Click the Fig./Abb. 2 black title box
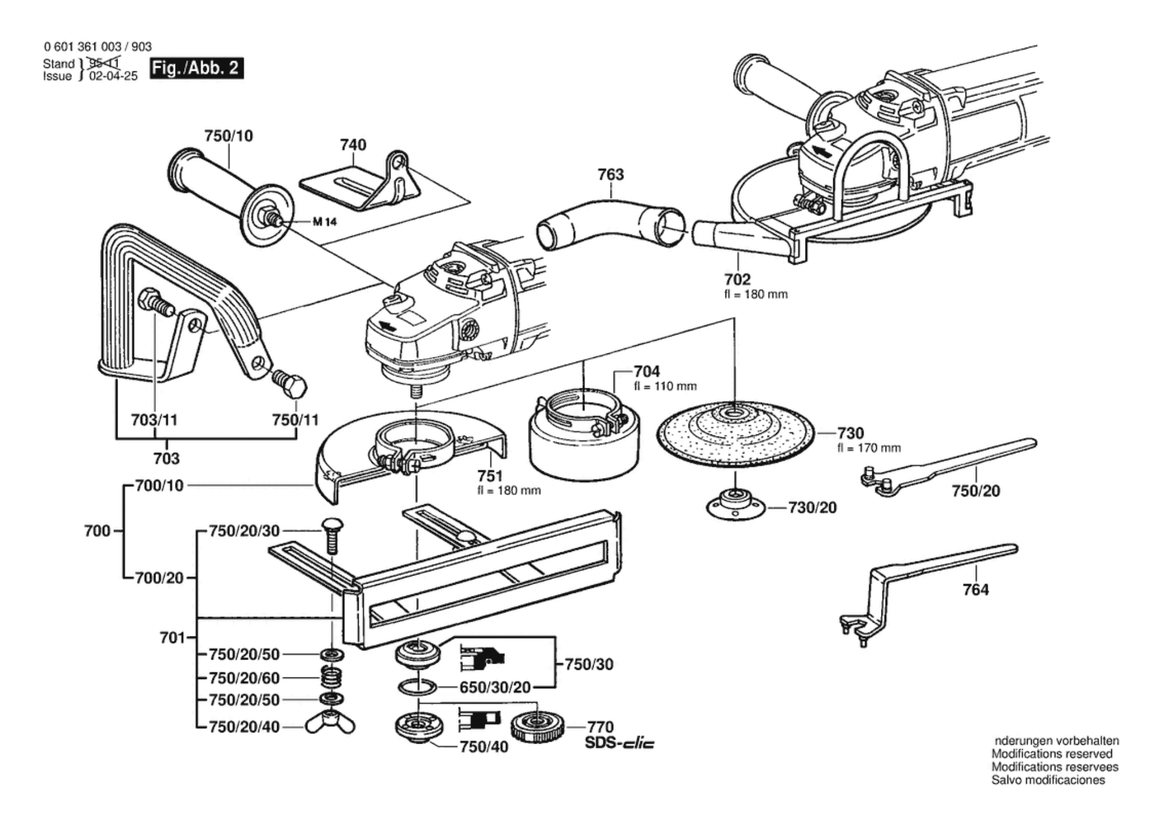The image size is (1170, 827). (x=196, y=68)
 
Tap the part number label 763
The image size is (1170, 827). (x=610, y=174)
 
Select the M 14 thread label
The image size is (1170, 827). (x=325, y=222)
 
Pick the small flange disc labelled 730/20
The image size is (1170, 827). (x=735, y=506)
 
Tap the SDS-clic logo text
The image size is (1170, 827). (x=620, y=743)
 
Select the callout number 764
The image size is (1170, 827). (x=975, y=590)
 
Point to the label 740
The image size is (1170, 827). (x=352, y=144)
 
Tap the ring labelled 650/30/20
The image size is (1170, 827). (x=417, y=687)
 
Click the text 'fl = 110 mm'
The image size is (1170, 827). (x=665, y=386)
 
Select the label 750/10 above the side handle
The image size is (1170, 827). (x=229, y=136)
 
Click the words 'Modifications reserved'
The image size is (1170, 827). (x=1052, y=754)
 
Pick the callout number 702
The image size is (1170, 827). (x=738, y=280)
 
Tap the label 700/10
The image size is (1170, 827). (x=159, y=486)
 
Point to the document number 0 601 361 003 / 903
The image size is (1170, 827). (x=97, y=47)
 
